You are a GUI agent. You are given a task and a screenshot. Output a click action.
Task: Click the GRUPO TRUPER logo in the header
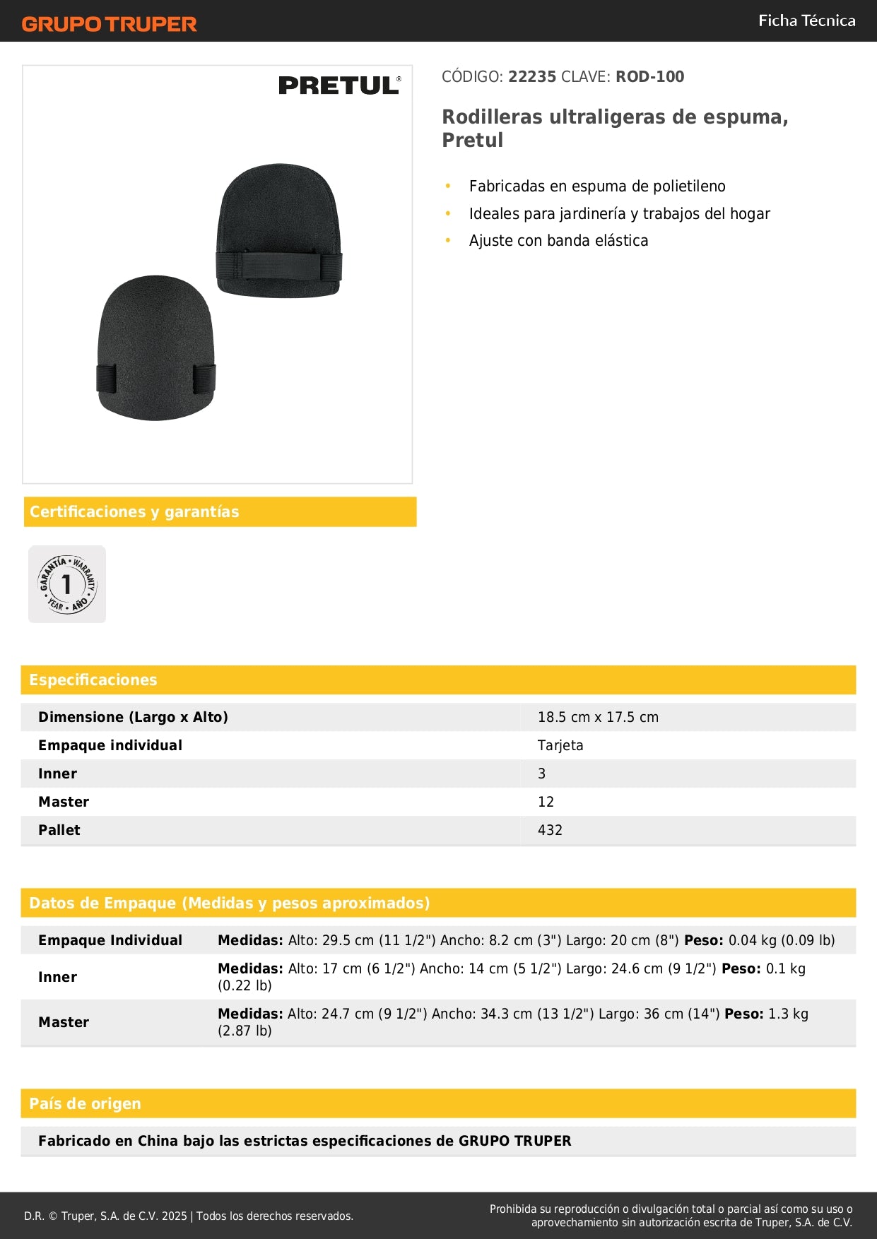click(x=109, y=24)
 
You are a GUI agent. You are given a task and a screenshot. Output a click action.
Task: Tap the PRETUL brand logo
click(x=339, y=85)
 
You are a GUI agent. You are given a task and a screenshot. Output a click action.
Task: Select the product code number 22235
click(x=532, y=76)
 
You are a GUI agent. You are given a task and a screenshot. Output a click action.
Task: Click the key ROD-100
click(x=649, y=76)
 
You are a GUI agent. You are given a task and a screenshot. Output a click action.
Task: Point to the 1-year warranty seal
click(x=67, y=584)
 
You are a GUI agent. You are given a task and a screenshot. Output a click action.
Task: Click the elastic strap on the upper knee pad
click(x=278, y=266)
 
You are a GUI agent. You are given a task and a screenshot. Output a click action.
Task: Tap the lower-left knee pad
click(x=155, y=348)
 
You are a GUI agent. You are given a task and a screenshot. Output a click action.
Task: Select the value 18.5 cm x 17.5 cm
click(x=598, y=717)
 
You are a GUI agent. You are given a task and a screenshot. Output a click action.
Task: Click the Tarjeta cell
click(x=560, y=745)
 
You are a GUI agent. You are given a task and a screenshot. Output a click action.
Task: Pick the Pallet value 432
click(x=550, y=830)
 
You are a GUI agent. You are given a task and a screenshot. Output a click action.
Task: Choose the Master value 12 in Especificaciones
click(x=546, y=802)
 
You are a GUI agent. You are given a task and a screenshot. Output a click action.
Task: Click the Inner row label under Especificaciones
click(x=58, y=773)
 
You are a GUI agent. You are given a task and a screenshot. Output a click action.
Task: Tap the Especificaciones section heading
click(x=93, y=680)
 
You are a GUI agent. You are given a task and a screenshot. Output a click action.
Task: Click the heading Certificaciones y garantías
click(x=134, y=511)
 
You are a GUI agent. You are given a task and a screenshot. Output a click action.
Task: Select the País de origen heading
click(x=85, y=1103)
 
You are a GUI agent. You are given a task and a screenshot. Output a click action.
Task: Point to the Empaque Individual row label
click(x=110, y=940)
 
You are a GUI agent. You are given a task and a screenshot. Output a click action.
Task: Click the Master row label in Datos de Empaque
click(x=64, y=1022)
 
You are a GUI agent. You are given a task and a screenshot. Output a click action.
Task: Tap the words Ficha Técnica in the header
click(x=806, y=20)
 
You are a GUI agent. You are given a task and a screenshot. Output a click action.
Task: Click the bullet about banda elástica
click(x=558, y=240)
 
